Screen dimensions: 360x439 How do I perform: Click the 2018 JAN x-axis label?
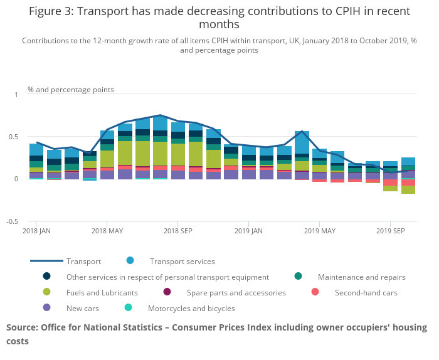click(x=36, y=230)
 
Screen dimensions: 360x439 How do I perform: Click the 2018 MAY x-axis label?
click(x=107, y=230)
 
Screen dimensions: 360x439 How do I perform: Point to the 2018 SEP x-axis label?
click(x=177, y=230)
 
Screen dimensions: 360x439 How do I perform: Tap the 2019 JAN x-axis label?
click(x=249, y=230)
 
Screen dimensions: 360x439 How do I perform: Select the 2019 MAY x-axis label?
click(x=319, y=230)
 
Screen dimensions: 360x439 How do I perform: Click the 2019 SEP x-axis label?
click(x=390, y=230)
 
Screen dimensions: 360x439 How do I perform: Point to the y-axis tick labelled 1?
click(x=17, y=95)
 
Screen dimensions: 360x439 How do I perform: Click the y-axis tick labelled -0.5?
click(x=12, y=221)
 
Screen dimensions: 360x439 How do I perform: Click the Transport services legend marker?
click(x=130, y=261)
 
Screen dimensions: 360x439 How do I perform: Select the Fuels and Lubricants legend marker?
click(x=47, y=292)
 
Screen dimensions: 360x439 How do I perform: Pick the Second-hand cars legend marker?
click(x=315, y=292)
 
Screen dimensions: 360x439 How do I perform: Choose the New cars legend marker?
click(x=47, y=308)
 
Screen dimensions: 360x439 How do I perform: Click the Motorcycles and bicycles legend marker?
click(x=129, y=308)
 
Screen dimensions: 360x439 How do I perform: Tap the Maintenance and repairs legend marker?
click(x=298, y=277)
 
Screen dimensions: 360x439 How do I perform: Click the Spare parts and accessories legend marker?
click(x=167, y=292)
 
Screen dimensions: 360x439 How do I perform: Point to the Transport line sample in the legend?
click(x=46, y=261)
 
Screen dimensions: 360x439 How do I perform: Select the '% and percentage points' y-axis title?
click(x=71, y=90)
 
